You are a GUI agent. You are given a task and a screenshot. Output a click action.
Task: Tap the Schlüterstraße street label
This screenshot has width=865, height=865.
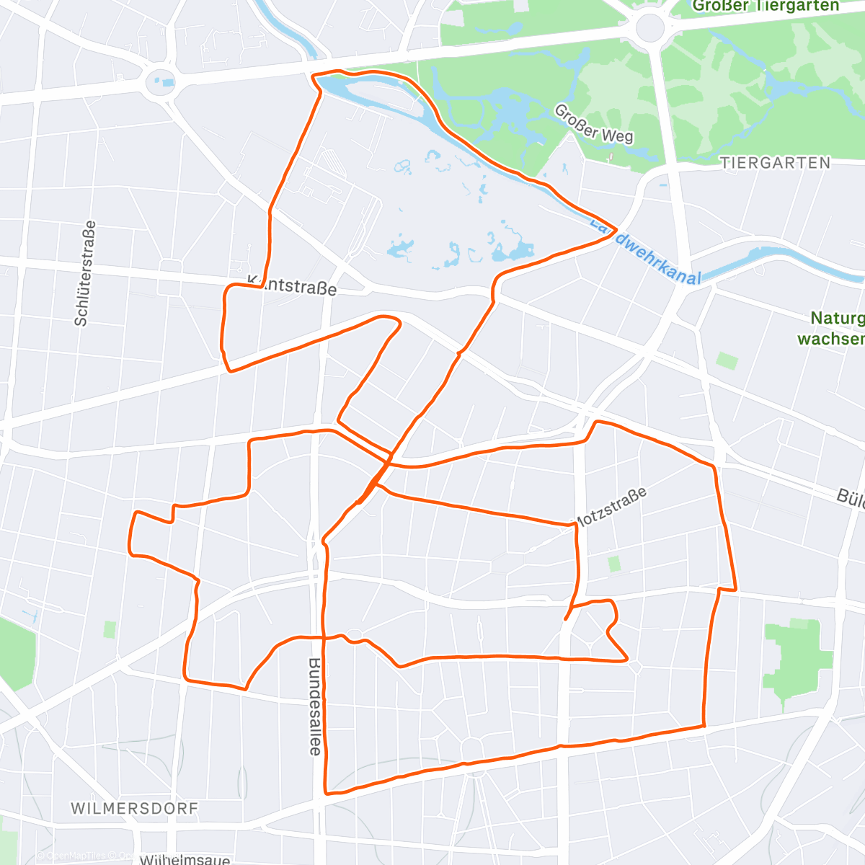(x=85, y=274)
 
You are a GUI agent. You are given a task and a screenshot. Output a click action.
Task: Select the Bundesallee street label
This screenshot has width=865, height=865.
(x=315, y=706)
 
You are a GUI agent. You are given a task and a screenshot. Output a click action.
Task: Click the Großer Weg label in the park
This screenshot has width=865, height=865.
(x=593, y=123)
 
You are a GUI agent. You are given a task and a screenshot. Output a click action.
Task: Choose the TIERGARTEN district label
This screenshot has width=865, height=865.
(x=775, y=164)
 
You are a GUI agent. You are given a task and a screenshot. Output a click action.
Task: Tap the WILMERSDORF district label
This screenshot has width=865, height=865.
(x=134, y=808)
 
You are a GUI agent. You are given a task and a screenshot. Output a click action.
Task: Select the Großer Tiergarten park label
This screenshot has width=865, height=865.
(x=766, y=6)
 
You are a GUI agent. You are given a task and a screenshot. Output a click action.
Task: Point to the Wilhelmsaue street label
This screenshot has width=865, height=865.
(x=185, y=859)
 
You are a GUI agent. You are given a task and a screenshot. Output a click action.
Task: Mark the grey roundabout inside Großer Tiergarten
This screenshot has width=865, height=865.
(x=649, y=29)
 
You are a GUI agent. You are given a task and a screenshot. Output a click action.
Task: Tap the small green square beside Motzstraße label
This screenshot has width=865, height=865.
(x=613, y=564)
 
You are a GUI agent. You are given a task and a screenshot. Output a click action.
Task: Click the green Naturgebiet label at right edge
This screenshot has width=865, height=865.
(x=836, y=328)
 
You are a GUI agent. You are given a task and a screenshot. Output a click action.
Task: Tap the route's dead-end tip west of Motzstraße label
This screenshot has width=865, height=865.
(x=567, y=618)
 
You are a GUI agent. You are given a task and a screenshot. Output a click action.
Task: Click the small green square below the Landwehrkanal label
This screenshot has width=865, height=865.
(x=727, y=360)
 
